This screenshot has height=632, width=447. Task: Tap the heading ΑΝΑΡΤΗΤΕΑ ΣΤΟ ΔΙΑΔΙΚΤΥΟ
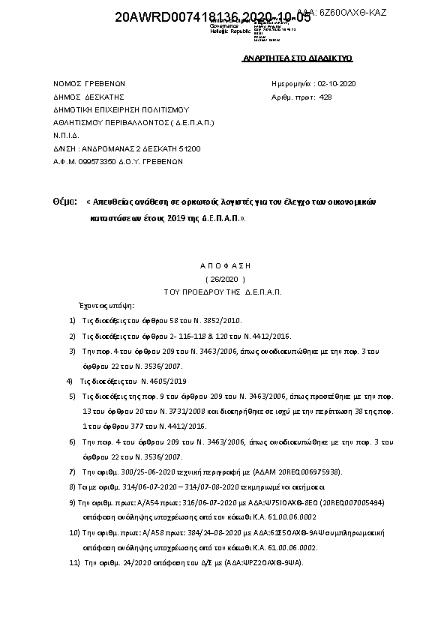pyautogui.click(x=298, y=58)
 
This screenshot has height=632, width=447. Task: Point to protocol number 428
pyautogui.click(x=325, y=97)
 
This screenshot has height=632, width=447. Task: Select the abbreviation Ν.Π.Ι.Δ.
pyautogui.click(x=67, y=135)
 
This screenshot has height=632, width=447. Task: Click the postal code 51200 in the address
pyautogui.click(x=190, y=148)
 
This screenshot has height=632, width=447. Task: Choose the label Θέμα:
pyautogui.click(x=65, y=202)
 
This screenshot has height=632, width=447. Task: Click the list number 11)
pyautogui.click(x=74, y=562)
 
